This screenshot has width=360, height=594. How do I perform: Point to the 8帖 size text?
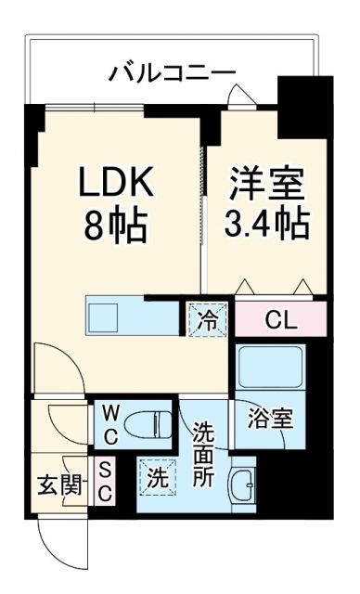pos(112,225)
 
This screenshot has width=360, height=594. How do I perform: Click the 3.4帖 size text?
pos(266,224)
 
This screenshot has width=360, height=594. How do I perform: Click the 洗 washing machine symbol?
pos(159,481)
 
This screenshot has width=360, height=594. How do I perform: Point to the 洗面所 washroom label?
pos(205,455)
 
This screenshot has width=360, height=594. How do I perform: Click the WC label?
pos(109,422)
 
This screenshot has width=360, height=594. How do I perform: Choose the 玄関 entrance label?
pos(58,484)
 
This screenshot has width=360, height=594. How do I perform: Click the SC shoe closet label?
pos(104,484)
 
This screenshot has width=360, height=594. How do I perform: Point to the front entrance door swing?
pos(56,538)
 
